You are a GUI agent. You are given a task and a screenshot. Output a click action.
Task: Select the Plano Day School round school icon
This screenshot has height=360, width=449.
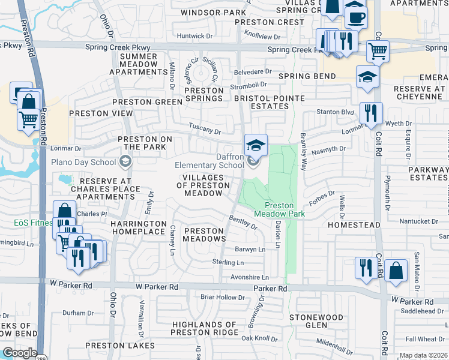(x=125, y=161)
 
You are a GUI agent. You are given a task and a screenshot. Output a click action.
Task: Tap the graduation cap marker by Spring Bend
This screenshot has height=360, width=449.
(x=367, y=77)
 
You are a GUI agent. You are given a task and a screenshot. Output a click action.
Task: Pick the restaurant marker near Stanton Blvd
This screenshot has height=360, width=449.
(x=371, y=113)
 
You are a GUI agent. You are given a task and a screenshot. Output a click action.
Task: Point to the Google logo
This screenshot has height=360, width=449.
(x=19, y=353)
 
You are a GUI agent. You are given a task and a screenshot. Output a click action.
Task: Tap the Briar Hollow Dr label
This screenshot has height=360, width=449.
(x=223, y=297)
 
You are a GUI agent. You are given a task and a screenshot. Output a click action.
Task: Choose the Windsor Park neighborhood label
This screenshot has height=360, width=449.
(x=213, y=12)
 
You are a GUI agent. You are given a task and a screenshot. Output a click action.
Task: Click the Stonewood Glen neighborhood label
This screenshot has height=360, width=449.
(x=316, y=321)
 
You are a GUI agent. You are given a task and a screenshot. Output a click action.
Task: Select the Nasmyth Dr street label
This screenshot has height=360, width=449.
(x=330, y=149)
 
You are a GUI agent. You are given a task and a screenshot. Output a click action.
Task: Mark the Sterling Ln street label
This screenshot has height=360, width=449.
(x=228, y=263)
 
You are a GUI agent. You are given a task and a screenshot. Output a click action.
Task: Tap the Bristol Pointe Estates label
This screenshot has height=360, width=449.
(x=269, y=102)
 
